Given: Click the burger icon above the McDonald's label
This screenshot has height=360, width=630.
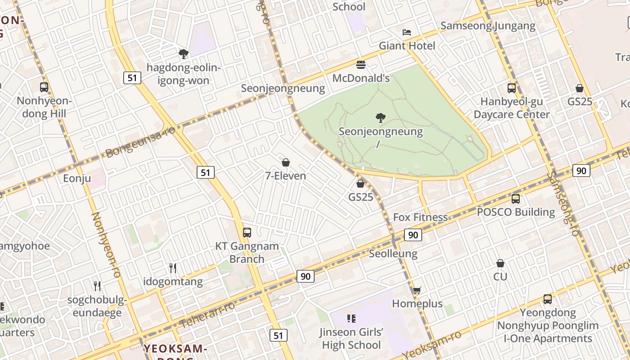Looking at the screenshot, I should pyautogui.click(x=360, y=65).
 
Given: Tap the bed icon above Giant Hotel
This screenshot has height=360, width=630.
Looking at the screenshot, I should pyautogui.click(x=406, y=32).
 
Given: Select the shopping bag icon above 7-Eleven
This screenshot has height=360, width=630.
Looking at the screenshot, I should pyautogui.click(x=285, y=162).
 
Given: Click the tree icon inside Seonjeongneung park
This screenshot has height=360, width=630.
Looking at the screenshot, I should pyautogui.click(x=381, y=118).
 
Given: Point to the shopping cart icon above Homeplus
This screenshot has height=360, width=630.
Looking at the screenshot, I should pyautogui.click(x=417, y=291).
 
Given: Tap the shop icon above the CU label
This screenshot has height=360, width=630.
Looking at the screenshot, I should pyautogui.click(x=500, y=263).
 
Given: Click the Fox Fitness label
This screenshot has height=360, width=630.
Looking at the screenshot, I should pyautogui.click(x=420, y=217).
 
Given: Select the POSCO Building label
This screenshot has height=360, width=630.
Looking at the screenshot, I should pyautogui.click(x=516, y=212).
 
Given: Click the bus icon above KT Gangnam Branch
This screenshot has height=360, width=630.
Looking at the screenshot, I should pyautogui.click(x=247, y=233).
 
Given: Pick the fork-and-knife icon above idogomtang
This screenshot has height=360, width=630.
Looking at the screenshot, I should pyautogui.click(x=173, y=268).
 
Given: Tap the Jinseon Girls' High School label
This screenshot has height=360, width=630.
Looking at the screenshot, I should pyautogui.click(x=351, y=338).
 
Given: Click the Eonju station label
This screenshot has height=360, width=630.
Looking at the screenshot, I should pyautogui.click(x=77, y=179).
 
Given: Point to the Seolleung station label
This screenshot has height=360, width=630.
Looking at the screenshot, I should pyautogui.click(x=393, y=253).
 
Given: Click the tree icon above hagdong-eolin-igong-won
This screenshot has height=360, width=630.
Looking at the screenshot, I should pyautogui.click(x=183, y=54).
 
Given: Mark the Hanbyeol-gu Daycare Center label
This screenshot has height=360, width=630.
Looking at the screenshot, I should pyautogui.click(x=512, y=108).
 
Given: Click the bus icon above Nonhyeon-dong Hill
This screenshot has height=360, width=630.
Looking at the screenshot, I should pyautogui.click(x=44, y=87).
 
